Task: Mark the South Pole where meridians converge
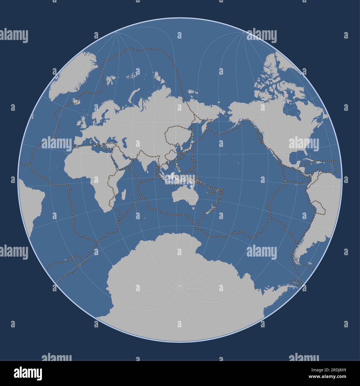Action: [x=180, y=285]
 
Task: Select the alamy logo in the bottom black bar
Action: [x=28, y=372]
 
